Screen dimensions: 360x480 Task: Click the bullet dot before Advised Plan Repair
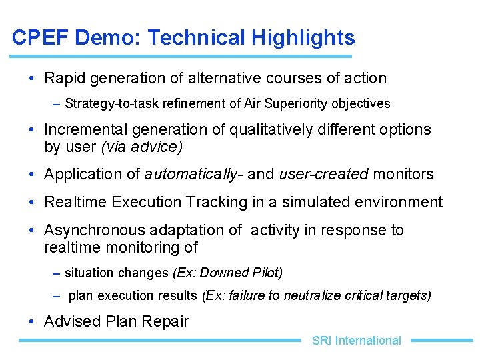click(32, 321)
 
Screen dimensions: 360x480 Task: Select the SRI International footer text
click(356, 341)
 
